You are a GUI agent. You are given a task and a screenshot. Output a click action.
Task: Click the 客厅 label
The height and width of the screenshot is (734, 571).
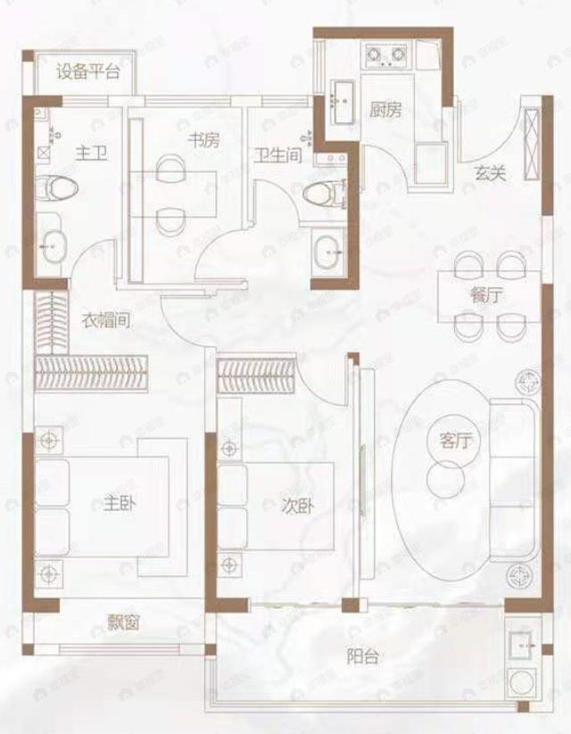click(x=455, y=440)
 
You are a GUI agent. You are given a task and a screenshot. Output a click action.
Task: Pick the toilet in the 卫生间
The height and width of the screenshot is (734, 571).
click(x=322, y=193)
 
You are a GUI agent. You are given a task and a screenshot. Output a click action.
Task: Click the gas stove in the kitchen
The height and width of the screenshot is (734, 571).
click(x=385, y=56)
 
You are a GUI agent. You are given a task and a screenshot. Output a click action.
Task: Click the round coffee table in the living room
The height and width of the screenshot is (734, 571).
click(x=443, y=480)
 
